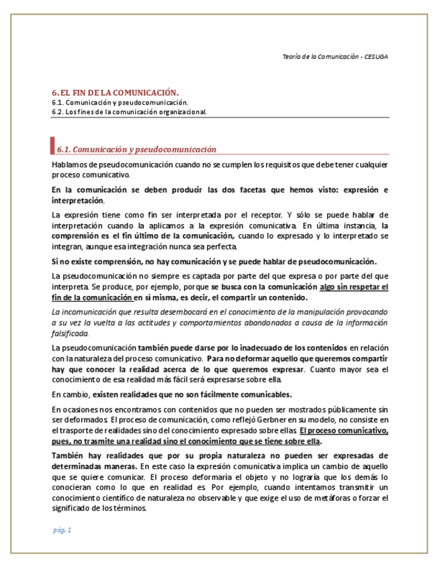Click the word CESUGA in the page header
[376, 57]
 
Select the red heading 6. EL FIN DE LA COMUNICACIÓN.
[115, 92]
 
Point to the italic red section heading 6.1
[136, 149]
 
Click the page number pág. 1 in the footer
[62, 530]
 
